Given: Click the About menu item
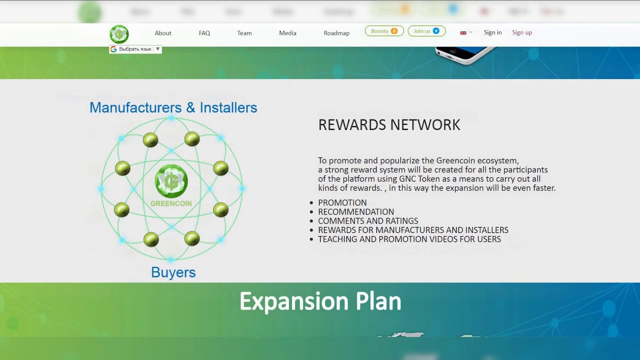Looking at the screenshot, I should click(x=163, y=33).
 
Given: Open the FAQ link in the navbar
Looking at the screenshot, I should click(x=204, y=33).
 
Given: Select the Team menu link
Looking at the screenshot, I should click(x=244, y=33).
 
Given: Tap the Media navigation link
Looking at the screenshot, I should click(x=287, y=33).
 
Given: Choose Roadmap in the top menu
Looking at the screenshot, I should click(x=336, y=33).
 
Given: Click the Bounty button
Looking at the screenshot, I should click(x=384, y=31).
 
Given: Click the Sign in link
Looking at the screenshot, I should click(x=492, y=32).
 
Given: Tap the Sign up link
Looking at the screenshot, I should click(x=522, y=32).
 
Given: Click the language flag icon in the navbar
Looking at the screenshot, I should click(x=463, y=33).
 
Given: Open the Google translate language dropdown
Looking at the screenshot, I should click(x=135, y=49).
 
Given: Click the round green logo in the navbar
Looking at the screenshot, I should click(x=119, y=34).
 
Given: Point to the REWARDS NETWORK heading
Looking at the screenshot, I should click(x=389, y=125).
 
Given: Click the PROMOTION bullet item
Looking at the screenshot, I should click(x=342, y=202).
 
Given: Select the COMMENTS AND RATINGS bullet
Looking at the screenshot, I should click(x=368, y=221).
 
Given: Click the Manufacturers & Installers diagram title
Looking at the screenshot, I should click(x=173, y=107).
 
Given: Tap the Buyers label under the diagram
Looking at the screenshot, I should click(x=173, y=272).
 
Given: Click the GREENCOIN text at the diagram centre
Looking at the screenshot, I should click(x=171, y=203).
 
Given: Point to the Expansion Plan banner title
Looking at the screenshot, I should click(x=320, y=301).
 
